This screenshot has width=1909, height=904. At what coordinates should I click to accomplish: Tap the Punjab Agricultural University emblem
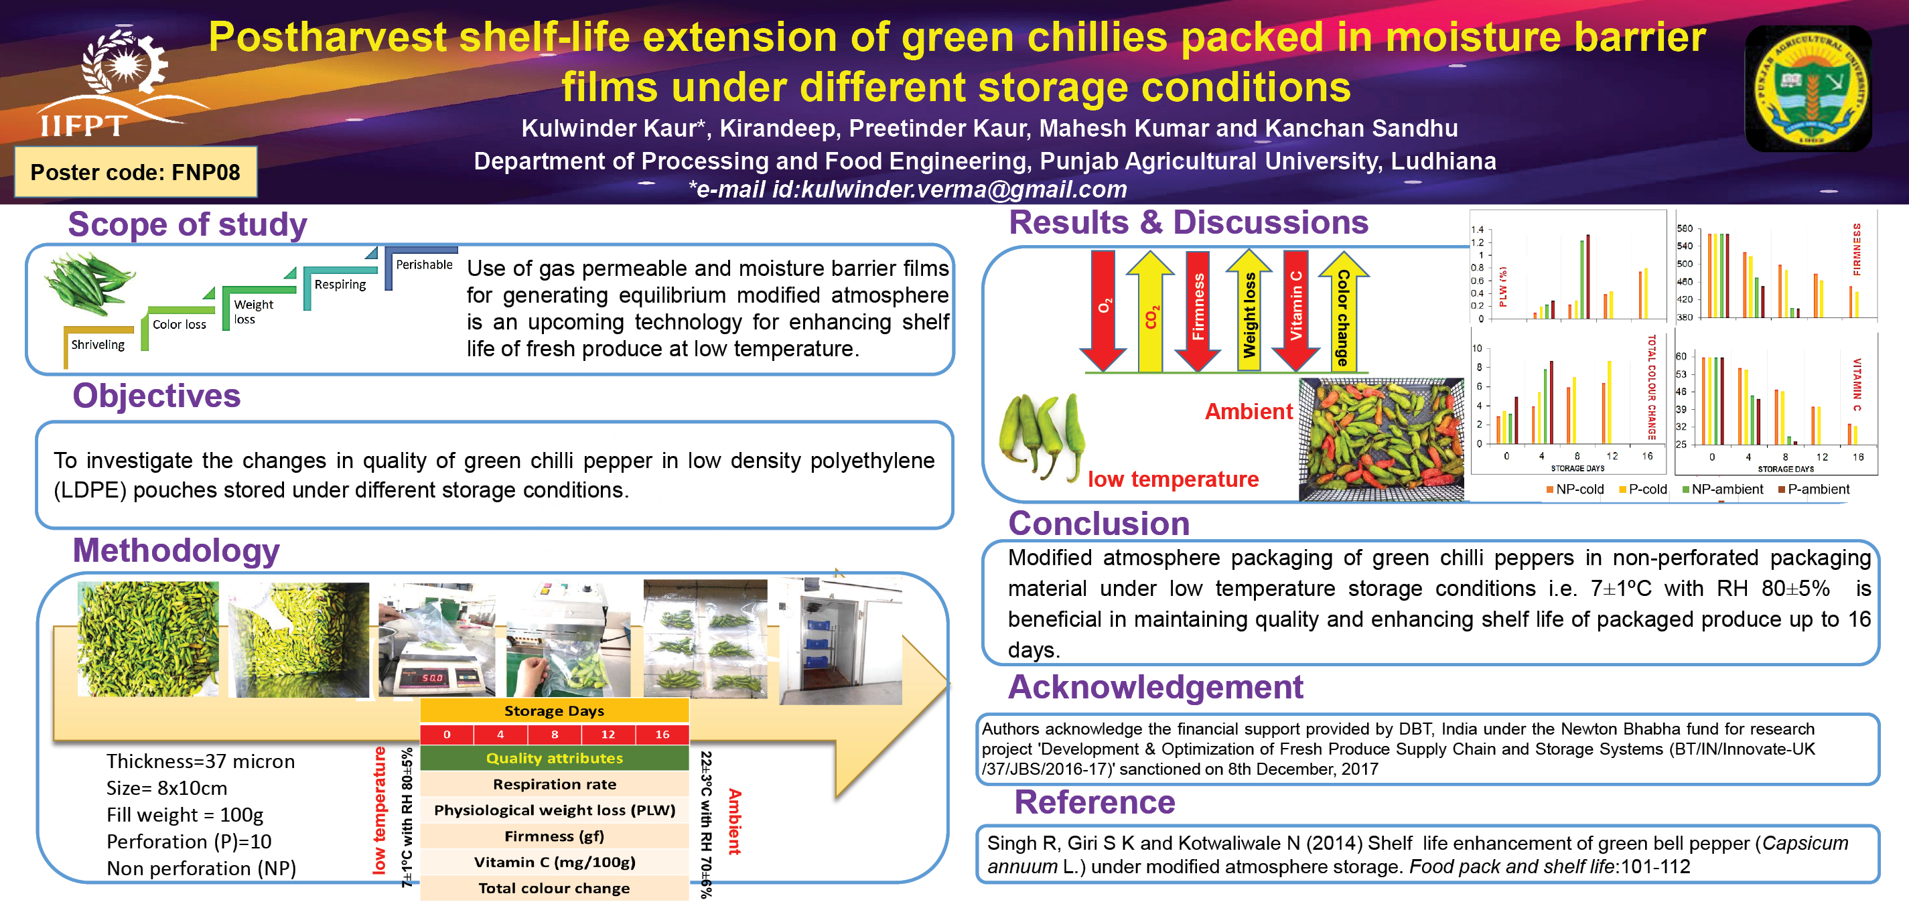1809,88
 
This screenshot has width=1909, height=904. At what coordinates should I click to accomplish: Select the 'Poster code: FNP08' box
135,172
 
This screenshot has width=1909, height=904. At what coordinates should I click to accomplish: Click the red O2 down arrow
1103,311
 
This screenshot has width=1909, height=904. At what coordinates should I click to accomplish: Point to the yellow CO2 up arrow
1150,311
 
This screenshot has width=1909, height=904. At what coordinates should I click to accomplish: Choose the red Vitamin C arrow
1295,311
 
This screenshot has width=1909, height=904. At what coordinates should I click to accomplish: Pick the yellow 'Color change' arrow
1343,311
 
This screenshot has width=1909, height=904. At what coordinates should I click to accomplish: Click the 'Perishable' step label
424,265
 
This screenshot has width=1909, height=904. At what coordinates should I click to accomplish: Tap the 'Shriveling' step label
98,345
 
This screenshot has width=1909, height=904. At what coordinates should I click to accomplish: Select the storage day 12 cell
608,735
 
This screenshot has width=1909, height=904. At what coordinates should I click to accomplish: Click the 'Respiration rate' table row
555,784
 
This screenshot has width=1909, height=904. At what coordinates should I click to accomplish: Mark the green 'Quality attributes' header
555,758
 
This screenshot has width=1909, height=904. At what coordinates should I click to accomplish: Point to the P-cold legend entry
1643,489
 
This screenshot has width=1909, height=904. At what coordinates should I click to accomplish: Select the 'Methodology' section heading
176,550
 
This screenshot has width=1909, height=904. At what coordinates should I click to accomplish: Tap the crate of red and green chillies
1381,440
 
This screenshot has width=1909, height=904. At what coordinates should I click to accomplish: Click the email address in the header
908,190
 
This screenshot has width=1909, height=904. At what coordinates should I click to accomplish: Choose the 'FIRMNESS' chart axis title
1856,250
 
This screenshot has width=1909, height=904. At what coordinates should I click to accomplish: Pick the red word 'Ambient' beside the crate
1249,411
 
